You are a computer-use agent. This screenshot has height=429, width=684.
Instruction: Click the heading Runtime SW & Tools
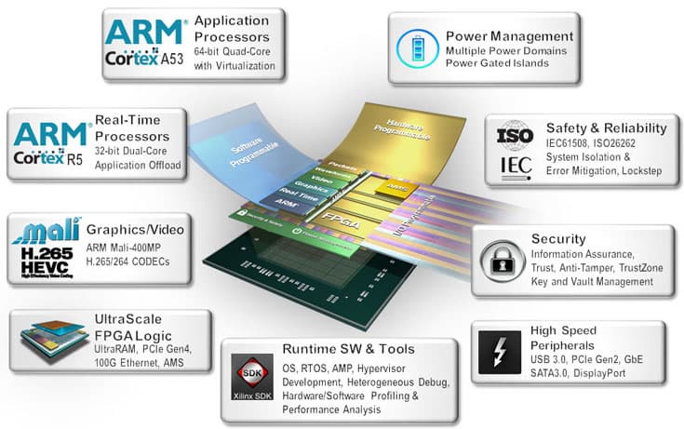347,349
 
